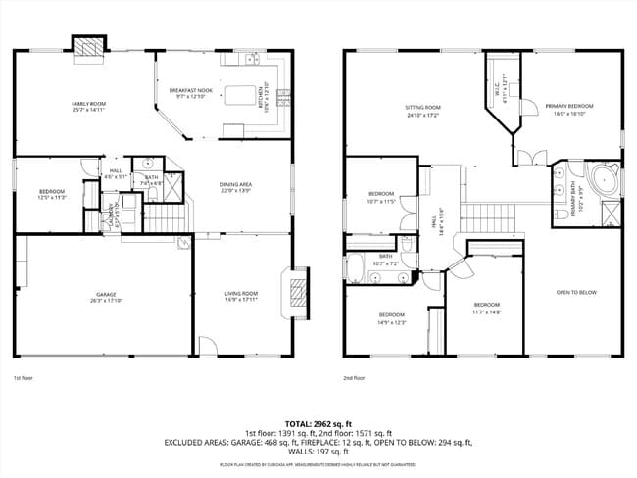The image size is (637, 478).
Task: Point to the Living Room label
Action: [x=242, y=296]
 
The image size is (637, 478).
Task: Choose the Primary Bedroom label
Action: [x=569, y=109]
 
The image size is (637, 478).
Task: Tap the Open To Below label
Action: [x=576, y=293]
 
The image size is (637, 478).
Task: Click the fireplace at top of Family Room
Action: [x=88, y=48]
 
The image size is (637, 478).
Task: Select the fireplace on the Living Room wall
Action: [x=294, y=290]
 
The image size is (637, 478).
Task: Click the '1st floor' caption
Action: [x=24, y=377]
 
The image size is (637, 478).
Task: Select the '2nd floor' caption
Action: [x=354, y=377]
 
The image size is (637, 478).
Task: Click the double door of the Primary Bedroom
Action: [x=529, y=157]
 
